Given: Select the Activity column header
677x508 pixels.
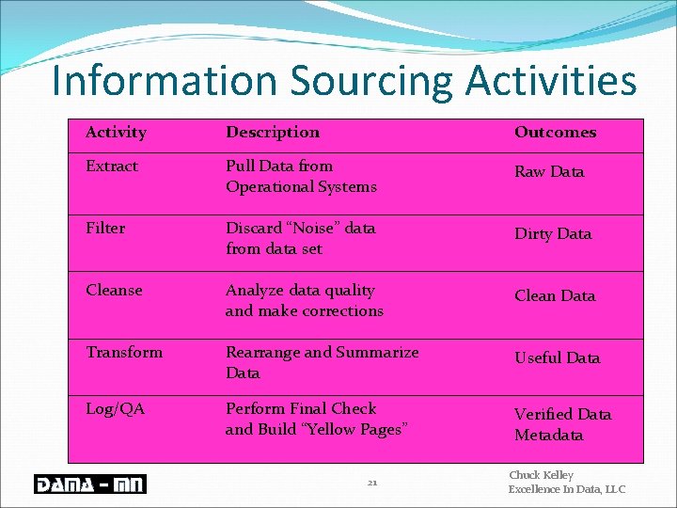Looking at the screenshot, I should click(116, 133).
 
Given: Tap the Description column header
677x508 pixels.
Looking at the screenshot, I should click(273, 133).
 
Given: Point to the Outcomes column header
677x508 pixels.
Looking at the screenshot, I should click(555, 133).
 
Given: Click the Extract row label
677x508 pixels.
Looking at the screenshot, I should click(112, 167).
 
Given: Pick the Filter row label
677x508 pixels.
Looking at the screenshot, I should click(105, 229).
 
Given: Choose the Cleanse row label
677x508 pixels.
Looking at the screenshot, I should click(114, 291).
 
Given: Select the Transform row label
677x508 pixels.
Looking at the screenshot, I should click(124, 353).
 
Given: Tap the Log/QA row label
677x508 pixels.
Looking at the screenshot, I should click(115, 409).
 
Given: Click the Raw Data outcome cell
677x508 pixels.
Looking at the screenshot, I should click(549, 172).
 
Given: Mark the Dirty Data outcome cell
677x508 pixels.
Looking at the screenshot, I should click(553, 234).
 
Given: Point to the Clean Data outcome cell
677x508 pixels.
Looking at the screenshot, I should click(555, 296).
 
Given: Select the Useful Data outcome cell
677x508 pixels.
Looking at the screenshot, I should click(557, 358).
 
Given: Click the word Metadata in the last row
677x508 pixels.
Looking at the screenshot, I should click(549, 436).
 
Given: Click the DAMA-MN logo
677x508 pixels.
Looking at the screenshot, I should click(88, 484).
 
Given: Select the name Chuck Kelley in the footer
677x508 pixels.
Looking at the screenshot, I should click(541, 476).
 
